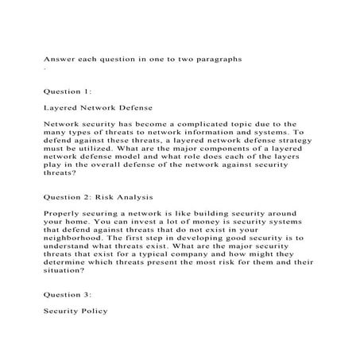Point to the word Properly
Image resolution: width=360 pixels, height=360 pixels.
(66, 213)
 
